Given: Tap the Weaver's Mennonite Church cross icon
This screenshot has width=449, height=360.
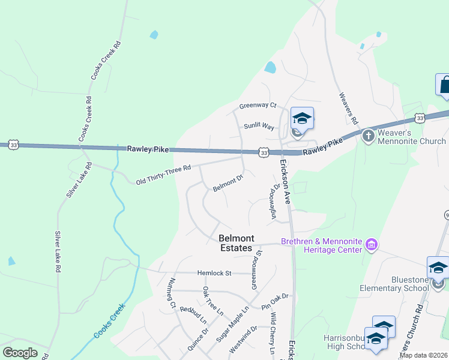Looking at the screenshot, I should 367,136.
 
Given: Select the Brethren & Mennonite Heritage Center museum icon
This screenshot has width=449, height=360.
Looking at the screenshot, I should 372,245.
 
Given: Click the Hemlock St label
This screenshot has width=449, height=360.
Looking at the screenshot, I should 214,273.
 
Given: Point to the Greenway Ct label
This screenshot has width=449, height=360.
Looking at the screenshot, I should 258,106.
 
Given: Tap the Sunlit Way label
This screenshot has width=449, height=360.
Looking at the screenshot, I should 259,127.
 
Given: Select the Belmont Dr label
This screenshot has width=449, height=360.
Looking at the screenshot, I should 228,184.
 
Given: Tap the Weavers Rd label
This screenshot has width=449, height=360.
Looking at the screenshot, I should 348,108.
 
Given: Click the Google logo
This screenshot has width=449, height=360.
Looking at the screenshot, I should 20,353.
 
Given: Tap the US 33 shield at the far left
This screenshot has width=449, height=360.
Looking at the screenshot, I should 13,145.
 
